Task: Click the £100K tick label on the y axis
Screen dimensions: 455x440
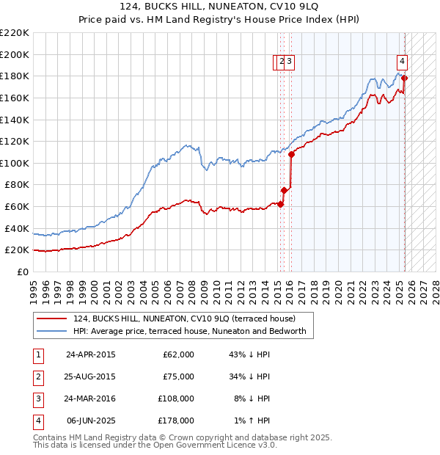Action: tap(14, 163)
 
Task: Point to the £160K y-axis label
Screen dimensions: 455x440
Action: tap(14, 98)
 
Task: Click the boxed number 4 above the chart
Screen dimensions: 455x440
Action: tap(403, 62)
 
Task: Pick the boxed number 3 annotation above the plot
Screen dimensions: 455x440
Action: tap(290, 62)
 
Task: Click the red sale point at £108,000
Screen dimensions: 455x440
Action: tap(291, 154)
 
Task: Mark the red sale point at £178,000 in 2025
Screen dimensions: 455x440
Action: tap(405, 78)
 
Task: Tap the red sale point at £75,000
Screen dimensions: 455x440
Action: tap(284, 190)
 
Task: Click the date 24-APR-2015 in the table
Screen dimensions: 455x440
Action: tap(91, 354)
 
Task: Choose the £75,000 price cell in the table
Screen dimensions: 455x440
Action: tap(178, 376)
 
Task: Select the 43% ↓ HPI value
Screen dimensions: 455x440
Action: tap(249, 354)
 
